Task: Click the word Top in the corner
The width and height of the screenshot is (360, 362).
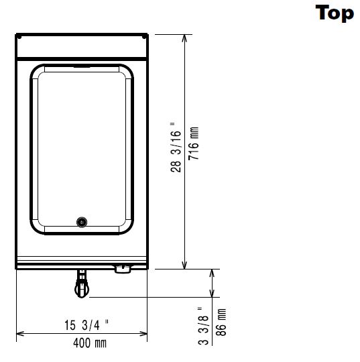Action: pyautogui.click(x=335, y=13)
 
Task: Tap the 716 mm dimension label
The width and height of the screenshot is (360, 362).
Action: pyautogui.click(x=194, y=143)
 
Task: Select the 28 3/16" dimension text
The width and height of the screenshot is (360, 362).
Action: pyautogui.click(x=176, y=147)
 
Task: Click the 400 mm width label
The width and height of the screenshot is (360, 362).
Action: pyautogui.click(x=90, y=343)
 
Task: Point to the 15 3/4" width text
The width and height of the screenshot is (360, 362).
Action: pyautogui.click(x=86, y=325)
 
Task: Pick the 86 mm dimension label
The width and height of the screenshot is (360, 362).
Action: pyautogui.click(x=221, y=322)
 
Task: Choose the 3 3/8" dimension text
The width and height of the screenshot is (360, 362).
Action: pyautogui.click(x=203, y=326)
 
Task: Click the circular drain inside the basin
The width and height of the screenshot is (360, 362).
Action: pyautogui.click(x=82, y=222)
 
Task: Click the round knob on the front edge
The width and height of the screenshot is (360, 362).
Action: pyautogui.click(x=123, y=269)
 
